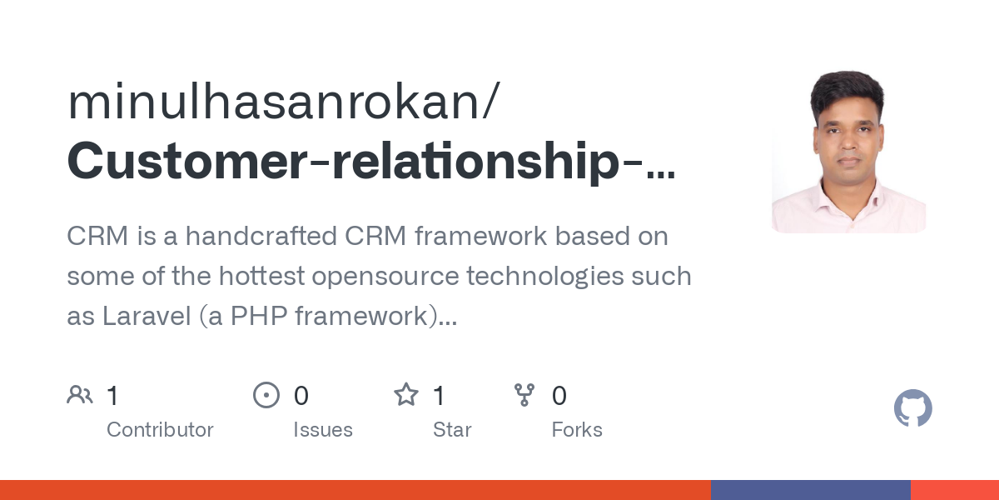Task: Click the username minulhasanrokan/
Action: coord(283,102)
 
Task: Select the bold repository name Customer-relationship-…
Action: coord(370,162)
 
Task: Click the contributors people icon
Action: coord(80,395)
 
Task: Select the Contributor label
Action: coord(160,430)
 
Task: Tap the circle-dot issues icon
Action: coord(266,395)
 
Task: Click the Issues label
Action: coord(323,430)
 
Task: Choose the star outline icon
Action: coord(406,395)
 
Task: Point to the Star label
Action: coord(452,430)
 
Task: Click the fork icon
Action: coord(524,395)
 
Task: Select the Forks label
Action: coord(577,430)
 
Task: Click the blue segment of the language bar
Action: coord(810,490)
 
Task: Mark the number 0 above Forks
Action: coord(559,396)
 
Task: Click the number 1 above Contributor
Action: coord(112,396)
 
